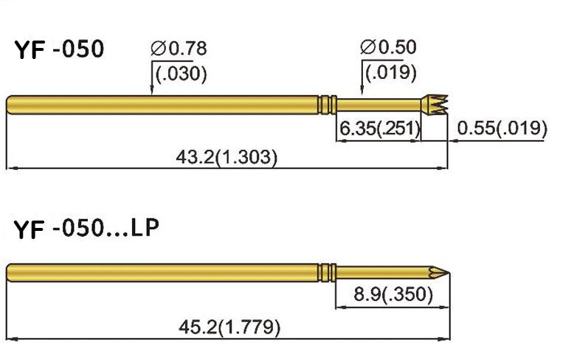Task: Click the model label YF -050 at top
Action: (59, 51)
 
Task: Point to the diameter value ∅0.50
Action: (388, 48)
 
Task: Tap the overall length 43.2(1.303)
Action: (227, 156)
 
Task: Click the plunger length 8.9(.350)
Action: (393, 295)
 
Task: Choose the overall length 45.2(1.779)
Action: (230, 326)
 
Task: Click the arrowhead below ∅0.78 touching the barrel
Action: (151, 92)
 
